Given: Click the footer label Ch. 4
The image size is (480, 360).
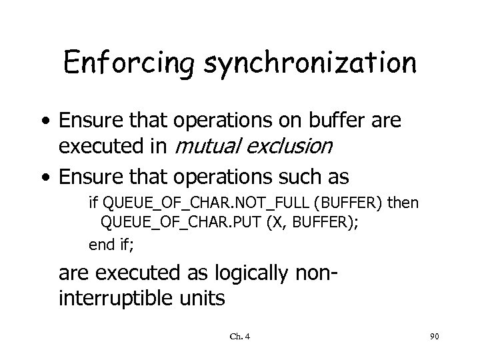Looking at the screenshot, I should click(239, 337).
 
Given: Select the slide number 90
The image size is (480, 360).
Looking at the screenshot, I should click(434, 337).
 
